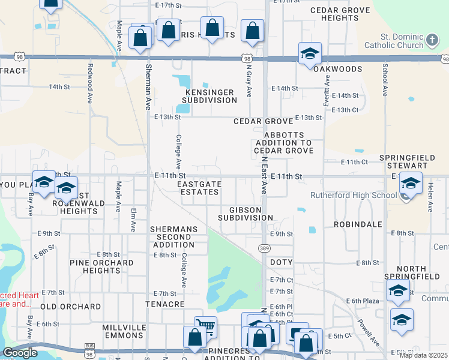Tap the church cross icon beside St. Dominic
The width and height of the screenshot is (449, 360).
click(x=432, y=41)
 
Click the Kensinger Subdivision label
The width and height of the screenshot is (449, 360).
click(x=209, y=96)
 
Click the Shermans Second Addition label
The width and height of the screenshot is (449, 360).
click(x=174, y=237)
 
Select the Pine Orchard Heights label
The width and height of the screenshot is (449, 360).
click(x=101, y=266)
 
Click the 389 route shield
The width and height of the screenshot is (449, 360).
click(x=264, y=247)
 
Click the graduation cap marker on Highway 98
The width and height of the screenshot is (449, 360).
click(x=310, y=54)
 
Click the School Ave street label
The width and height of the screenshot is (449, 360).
click(x=385, y=81)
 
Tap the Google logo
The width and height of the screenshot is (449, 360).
click(x=20, y=353)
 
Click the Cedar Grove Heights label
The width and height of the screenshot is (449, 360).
click(x=340, y=14)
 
